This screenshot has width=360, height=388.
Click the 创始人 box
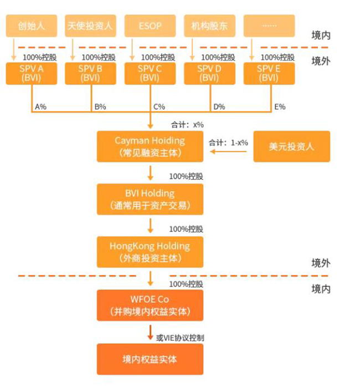point(31,25)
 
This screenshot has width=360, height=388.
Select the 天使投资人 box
point(90,25)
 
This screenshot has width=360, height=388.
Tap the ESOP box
point(150,25)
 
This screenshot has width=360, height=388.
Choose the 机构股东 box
point(209,25)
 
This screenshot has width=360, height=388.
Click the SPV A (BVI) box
point(31,73)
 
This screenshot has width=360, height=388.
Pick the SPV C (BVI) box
point(150,73)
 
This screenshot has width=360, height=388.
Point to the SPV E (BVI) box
point(269,73)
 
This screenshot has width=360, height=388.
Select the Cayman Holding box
point(150,146)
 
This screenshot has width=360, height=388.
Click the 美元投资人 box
point(291,146)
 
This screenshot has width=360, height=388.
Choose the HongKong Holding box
point(150,252)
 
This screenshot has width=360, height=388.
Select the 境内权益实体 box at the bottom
point(150,359)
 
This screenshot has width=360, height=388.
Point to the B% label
point(100,106)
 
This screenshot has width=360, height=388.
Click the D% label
point(219,106)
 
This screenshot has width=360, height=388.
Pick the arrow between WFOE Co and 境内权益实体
point(150,333)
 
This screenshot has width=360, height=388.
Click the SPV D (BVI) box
point(209,73)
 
